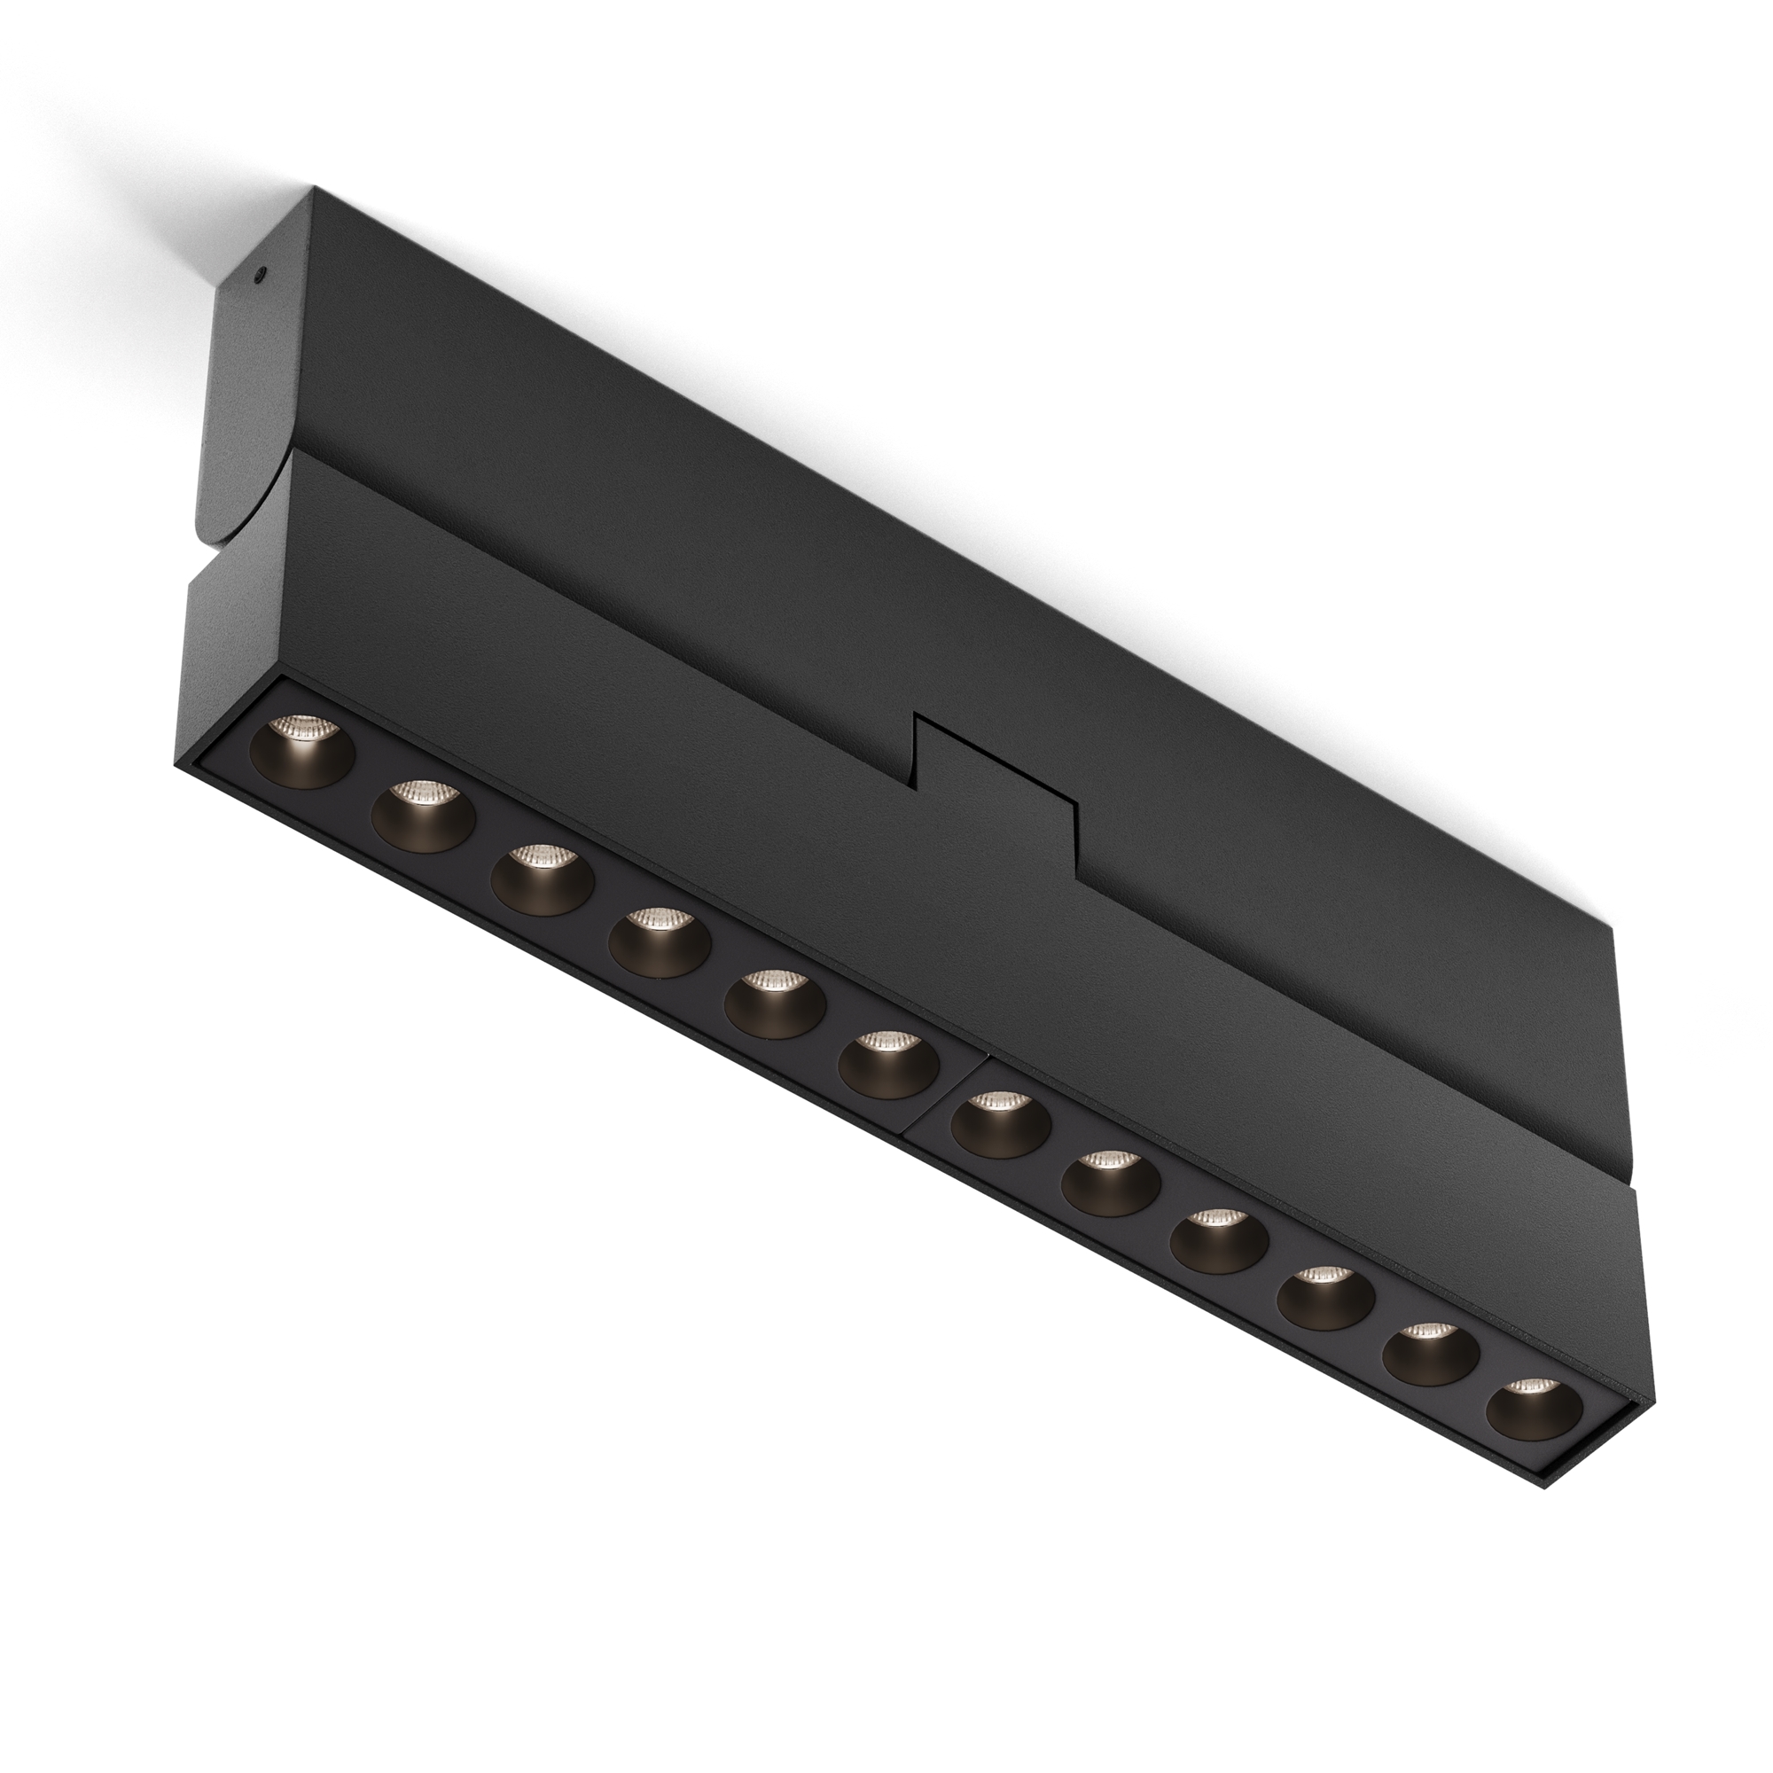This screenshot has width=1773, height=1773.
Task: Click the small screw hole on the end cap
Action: pos(262,272)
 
